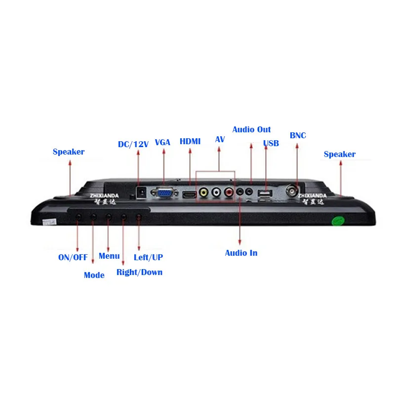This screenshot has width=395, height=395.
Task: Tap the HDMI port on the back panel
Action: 190,195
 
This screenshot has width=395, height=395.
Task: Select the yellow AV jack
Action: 203,193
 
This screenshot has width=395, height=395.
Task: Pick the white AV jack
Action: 216,193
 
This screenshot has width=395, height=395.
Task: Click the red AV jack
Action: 228,193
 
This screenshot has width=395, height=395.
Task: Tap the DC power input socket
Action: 141,192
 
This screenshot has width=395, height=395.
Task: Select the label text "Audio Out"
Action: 251,129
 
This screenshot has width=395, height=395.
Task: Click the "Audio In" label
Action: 241,253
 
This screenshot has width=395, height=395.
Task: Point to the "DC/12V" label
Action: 133,144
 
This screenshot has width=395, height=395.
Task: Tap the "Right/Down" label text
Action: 139,272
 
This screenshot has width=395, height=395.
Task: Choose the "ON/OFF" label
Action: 74,257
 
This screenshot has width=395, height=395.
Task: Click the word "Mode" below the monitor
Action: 94,275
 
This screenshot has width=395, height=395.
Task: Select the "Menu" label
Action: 109,256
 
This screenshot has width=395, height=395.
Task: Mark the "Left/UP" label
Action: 148,257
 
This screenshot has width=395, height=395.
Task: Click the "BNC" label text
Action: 298,135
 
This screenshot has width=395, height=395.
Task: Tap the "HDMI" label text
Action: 190,141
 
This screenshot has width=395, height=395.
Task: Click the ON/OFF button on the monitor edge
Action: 78,216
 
